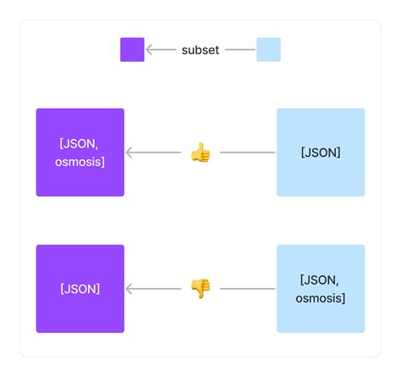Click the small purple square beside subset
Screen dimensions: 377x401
click(132, 50)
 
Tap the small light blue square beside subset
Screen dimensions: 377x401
click(268, 50)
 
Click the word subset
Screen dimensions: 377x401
click(200, 50)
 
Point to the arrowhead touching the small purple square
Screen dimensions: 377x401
click(149, 50)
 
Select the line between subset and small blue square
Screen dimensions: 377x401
click(240, 50)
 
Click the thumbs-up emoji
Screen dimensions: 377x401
click(200, 152)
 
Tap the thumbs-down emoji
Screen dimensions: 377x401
click(200, 289)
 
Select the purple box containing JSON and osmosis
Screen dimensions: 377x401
click(80, 152)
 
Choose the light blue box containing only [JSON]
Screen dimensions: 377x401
click(321, 152)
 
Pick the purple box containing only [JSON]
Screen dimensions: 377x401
click(80, 289)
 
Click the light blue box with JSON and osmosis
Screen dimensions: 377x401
click(321, 289)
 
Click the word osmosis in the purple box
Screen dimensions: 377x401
click(80, 162)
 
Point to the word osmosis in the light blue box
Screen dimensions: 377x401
click(321, 298)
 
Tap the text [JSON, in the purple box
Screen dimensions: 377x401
click(80, 143)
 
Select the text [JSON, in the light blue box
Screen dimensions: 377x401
click(321, 280)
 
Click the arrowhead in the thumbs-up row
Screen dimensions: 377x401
click(129, 152)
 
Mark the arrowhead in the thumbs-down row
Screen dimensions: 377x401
click(129, 289)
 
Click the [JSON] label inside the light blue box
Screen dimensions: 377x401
click(321, 152)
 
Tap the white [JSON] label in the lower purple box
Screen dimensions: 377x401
click(80, 289)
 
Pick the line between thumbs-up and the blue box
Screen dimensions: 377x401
click(247, 152)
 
